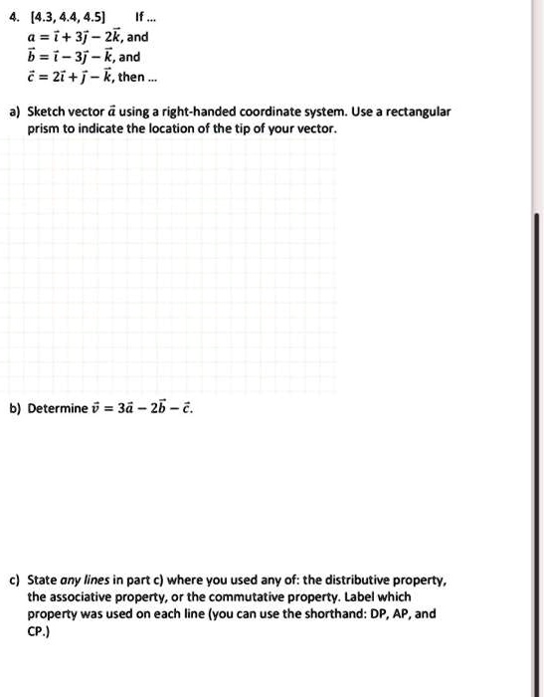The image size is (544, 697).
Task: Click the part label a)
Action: (x=14, y=113)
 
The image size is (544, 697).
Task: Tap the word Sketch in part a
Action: (x=48, y=113)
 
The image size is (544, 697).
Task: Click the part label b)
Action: (x=14, y=408)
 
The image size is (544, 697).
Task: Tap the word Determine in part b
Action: (x=60, y=408)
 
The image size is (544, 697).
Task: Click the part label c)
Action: (x=14, y=580)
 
